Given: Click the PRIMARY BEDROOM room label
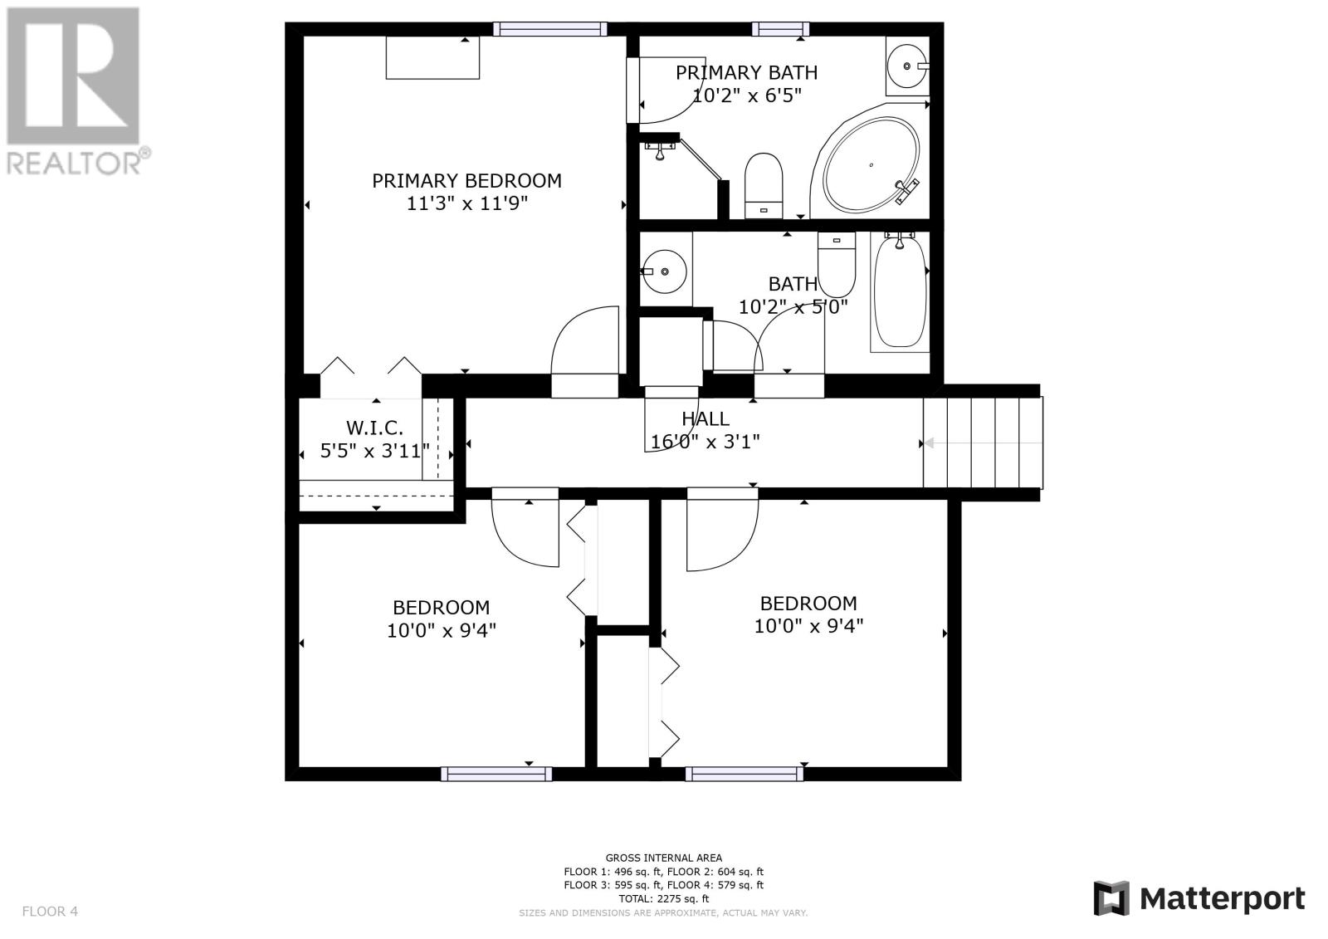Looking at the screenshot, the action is tap(466, 181).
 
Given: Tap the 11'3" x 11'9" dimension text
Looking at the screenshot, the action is tap(466, 203).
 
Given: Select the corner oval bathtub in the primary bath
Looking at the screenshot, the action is tap(871, 165).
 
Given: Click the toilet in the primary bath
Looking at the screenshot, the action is tap(764, 186).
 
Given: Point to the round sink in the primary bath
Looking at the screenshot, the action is tap(907, 66).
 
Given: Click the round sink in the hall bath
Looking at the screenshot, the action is tap(665, 271).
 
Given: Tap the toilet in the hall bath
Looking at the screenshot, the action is tap(837, 265).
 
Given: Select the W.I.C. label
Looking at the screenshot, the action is tap(374, 428).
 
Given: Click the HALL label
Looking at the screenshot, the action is tap(705, 418).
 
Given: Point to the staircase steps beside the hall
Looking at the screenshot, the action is tap(983, 443).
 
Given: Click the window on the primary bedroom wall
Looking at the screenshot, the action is tap(550, 29).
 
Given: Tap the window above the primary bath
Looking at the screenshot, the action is tap(781, 29).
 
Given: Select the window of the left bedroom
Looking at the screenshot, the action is tap(496, 774).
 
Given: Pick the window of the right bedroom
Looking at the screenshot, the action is tap(745, 774).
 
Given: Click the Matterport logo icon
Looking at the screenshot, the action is tap(1111, 898).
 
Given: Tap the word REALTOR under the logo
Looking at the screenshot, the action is tap(73, 162).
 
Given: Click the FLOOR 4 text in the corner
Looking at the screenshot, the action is tap(50, 911).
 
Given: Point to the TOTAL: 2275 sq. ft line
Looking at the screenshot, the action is tap(663, 898).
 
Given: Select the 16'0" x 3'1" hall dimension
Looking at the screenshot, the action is tap(705, 442).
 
